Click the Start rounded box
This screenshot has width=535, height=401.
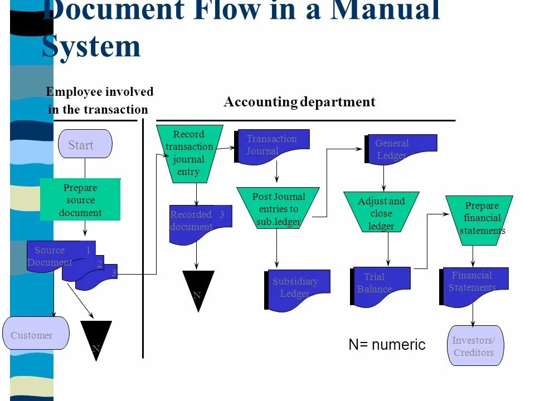pos(85,144)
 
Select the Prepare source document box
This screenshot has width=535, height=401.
pos(80,200)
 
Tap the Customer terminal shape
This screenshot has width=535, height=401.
pos(36,334)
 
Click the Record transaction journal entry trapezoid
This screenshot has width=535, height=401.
pos(189,153)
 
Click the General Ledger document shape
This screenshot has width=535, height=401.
pos(402,149)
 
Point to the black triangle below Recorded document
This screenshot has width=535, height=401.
pos(198,287)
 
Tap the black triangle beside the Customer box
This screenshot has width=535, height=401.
pos(96,337)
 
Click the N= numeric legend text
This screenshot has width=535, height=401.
pos(387,345)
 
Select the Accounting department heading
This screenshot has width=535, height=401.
pos(299,102)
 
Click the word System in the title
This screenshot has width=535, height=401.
pos(91,46)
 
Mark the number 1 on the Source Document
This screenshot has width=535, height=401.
pos(88,250)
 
